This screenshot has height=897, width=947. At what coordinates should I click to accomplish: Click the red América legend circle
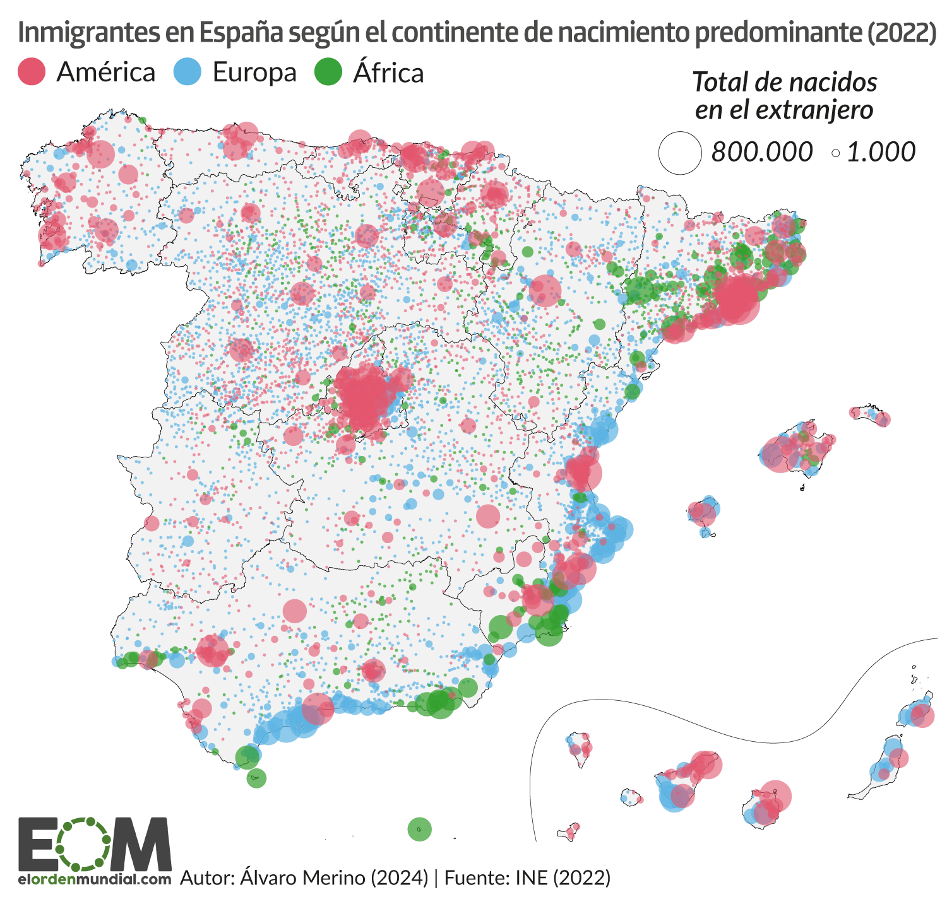tap(32, 71)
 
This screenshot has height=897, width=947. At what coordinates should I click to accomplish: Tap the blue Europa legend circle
tap(188, 71)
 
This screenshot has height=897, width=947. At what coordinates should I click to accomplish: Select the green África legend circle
tap(328, 71)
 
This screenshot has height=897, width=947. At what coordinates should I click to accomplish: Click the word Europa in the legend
tap(254, 73)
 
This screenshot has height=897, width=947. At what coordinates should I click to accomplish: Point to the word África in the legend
tap(388, 73)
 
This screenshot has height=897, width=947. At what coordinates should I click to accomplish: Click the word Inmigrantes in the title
tap(88, 33)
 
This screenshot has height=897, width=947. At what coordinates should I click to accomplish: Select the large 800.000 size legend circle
tap(680, 153)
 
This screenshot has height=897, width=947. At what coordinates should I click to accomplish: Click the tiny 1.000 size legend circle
tap(836, 153)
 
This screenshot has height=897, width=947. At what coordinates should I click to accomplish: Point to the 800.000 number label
tap(762, 152)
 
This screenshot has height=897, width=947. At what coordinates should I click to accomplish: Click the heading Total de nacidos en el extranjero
tap(784, 96)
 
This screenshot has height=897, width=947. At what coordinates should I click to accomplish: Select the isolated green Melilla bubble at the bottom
tap(419, 829)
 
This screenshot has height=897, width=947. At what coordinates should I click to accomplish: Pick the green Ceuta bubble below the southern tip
tap(256, 777)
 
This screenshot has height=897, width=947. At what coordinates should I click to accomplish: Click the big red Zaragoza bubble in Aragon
tap(545, 291)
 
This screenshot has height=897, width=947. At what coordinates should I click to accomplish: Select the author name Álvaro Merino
tap(304, 877)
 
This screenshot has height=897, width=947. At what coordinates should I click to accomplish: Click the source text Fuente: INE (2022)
tap(527, 877)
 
